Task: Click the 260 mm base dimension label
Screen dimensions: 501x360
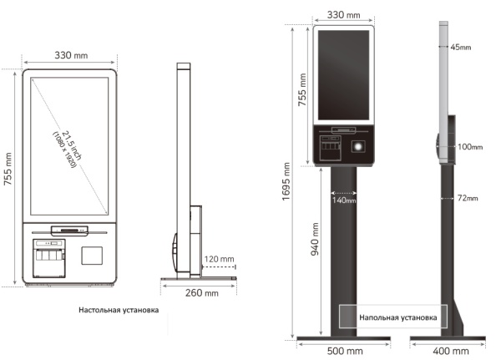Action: [x=202, y=293]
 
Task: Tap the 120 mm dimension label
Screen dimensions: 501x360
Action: [x=219, y=259]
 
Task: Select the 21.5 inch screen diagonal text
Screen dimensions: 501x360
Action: [x=72, y=145]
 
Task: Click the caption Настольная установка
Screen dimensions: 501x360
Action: [x=119, y=310]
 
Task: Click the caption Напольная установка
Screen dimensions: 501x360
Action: [x=398, y=317]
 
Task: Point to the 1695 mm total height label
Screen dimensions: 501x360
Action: [x=286, y=181]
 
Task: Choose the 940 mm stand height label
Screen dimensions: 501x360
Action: [x=315, y=239]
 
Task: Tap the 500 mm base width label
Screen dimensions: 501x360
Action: [x=345, y=351]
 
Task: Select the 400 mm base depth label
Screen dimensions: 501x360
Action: [x=451, y=351]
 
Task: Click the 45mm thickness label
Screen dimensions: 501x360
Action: [x=461, y=48]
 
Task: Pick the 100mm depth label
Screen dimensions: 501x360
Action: [x=470, y=147]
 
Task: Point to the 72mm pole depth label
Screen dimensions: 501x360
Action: [x=468, y=198]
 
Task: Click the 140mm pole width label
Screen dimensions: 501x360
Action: [x=344, y=200]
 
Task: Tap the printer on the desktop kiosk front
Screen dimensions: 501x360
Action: [x=49, y=258]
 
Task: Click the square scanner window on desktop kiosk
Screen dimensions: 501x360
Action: [x=92, y=256]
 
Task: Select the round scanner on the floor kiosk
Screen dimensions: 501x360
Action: [x=358, y=146]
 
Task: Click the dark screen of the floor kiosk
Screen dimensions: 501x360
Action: [x=343, y=75]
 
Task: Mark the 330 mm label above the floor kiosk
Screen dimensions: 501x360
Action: [x=343, y=15]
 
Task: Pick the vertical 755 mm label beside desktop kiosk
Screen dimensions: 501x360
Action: [x=8, y=169]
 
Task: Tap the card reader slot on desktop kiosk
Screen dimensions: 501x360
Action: [x=69, y=230]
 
